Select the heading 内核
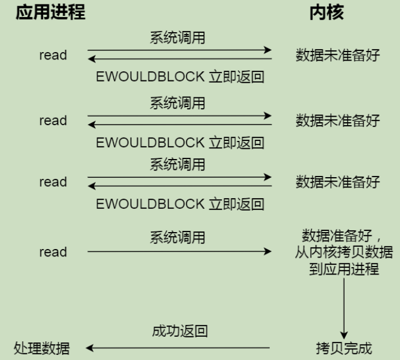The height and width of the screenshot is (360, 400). tap(326, 12)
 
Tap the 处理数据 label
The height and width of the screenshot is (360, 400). tap(42, 348)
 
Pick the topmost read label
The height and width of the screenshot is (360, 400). tap(53, 55)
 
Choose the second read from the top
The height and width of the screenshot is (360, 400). tap(53, 121)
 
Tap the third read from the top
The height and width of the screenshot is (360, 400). tap(53, 182)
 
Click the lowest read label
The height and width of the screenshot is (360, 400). tap(53, 252)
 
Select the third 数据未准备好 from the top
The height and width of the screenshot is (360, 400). tap(338, 182)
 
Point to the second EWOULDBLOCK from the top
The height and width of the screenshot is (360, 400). tap(150, 142)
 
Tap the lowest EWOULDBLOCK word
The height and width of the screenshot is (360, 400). tap(150, 204)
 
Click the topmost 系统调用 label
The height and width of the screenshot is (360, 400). tap(178, 37)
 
